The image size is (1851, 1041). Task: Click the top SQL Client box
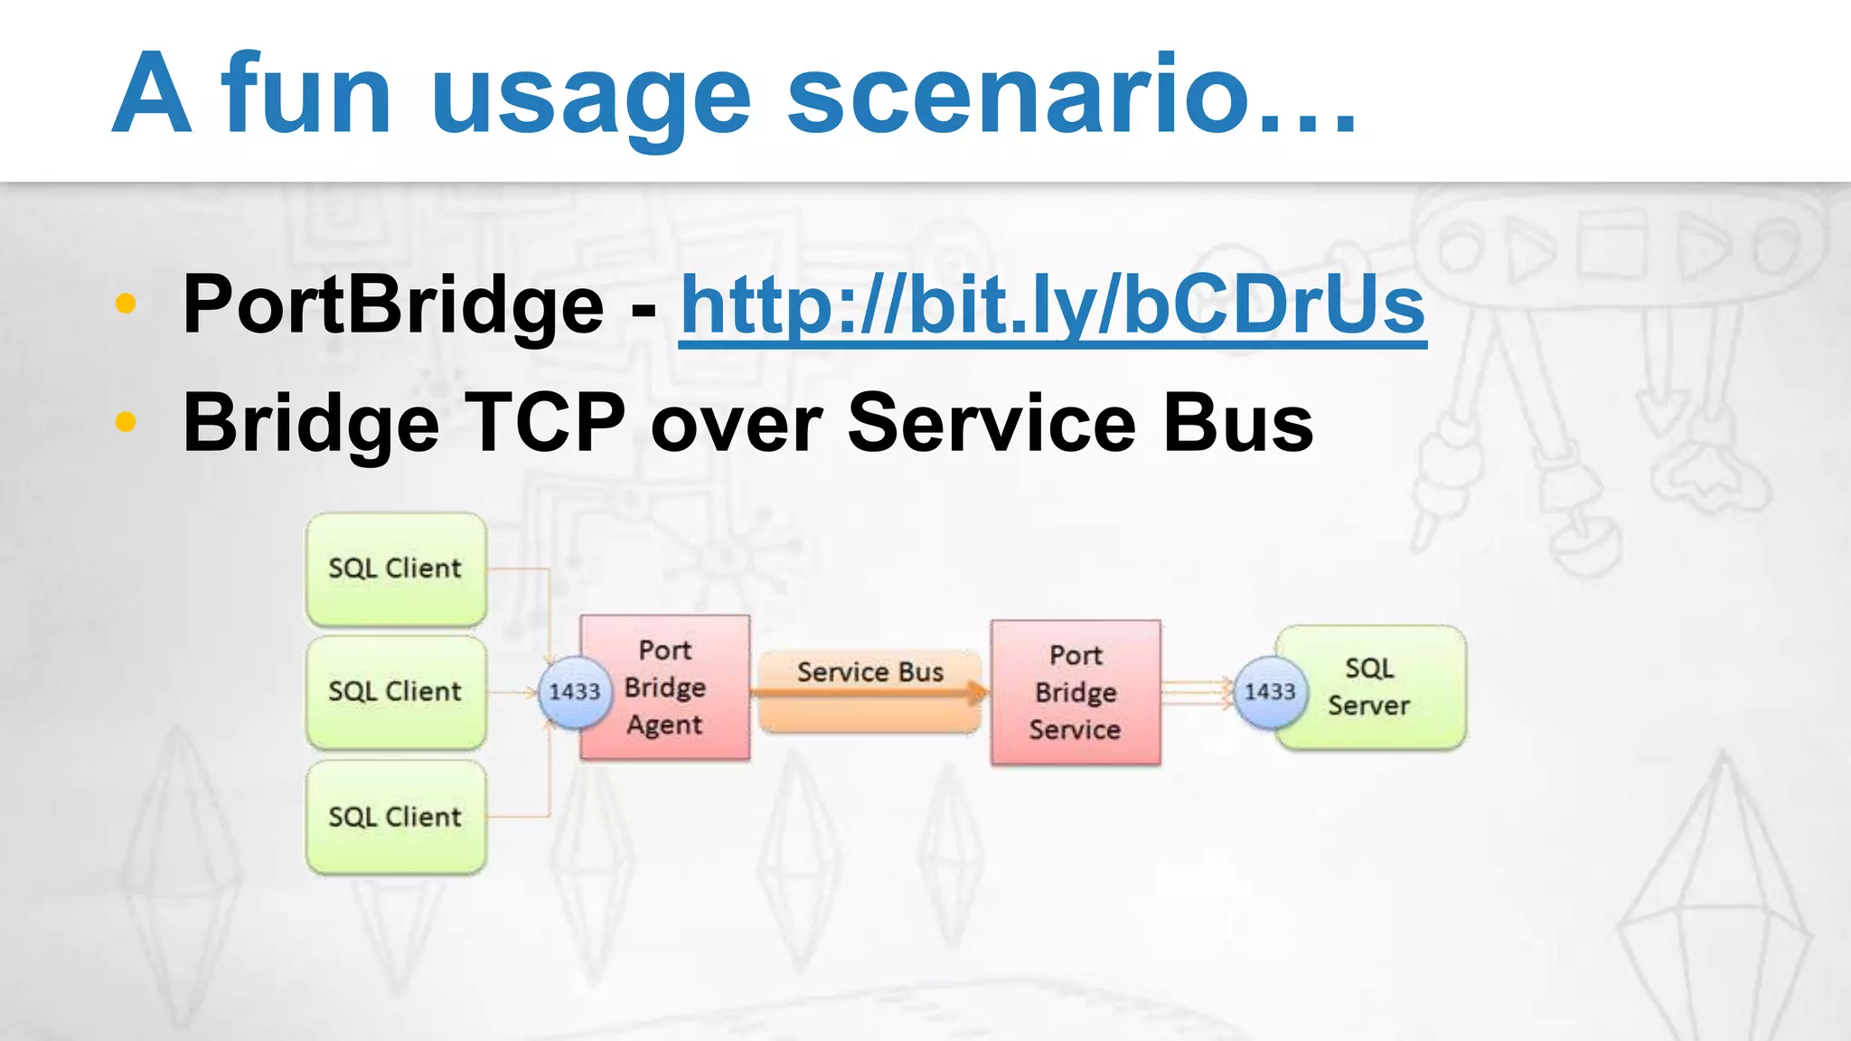coord(396,569)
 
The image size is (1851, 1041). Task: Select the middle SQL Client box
coord(396,692)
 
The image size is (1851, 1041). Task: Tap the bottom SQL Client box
coord(396,817)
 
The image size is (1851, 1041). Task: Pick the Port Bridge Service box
coord(1076,692)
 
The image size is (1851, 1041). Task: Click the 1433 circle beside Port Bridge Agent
coord(574,692)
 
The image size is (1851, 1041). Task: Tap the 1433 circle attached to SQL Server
coord(1269,692)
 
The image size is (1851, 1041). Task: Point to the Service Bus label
coord(869,672)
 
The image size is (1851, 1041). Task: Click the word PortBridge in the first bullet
coord(392,305)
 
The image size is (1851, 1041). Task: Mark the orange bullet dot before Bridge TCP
coord(126,421)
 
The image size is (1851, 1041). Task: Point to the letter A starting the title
coord(152,94)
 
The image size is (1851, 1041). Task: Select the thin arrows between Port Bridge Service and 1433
coord(1195,692)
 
